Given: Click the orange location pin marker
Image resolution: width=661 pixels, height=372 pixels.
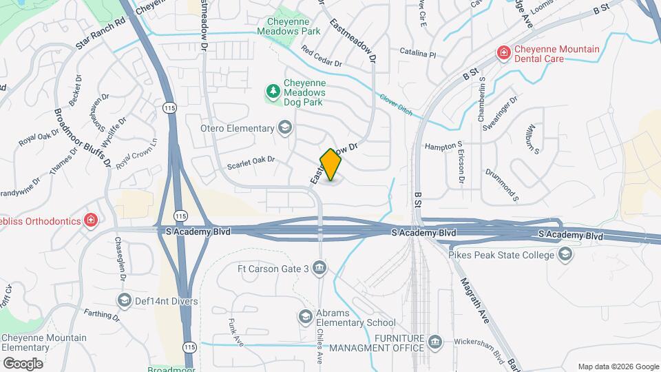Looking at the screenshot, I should coord(331,164).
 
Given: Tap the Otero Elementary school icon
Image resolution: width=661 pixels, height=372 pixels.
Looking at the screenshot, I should coord(284,128).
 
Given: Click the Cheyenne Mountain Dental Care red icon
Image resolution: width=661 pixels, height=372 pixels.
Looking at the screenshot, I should coord(504,52).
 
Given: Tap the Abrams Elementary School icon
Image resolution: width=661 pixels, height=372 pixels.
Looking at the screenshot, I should coord(305,317).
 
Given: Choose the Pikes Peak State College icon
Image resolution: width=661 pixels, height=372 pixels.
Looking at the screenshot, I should coord(565,256).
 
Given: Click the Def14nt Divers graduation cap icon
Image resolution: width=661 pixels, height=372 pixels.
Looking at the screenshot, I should coord(124,300).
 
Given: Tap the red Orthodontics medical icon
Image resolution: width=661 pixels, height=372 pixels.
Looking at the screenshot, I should coord(91,220).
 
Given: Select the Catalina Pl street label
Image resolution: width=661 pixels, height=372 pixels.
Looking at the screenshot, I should coord(418,53).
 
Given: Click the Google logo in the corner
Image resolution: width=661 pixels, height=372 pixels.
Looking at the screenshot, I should coord(23,363).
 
